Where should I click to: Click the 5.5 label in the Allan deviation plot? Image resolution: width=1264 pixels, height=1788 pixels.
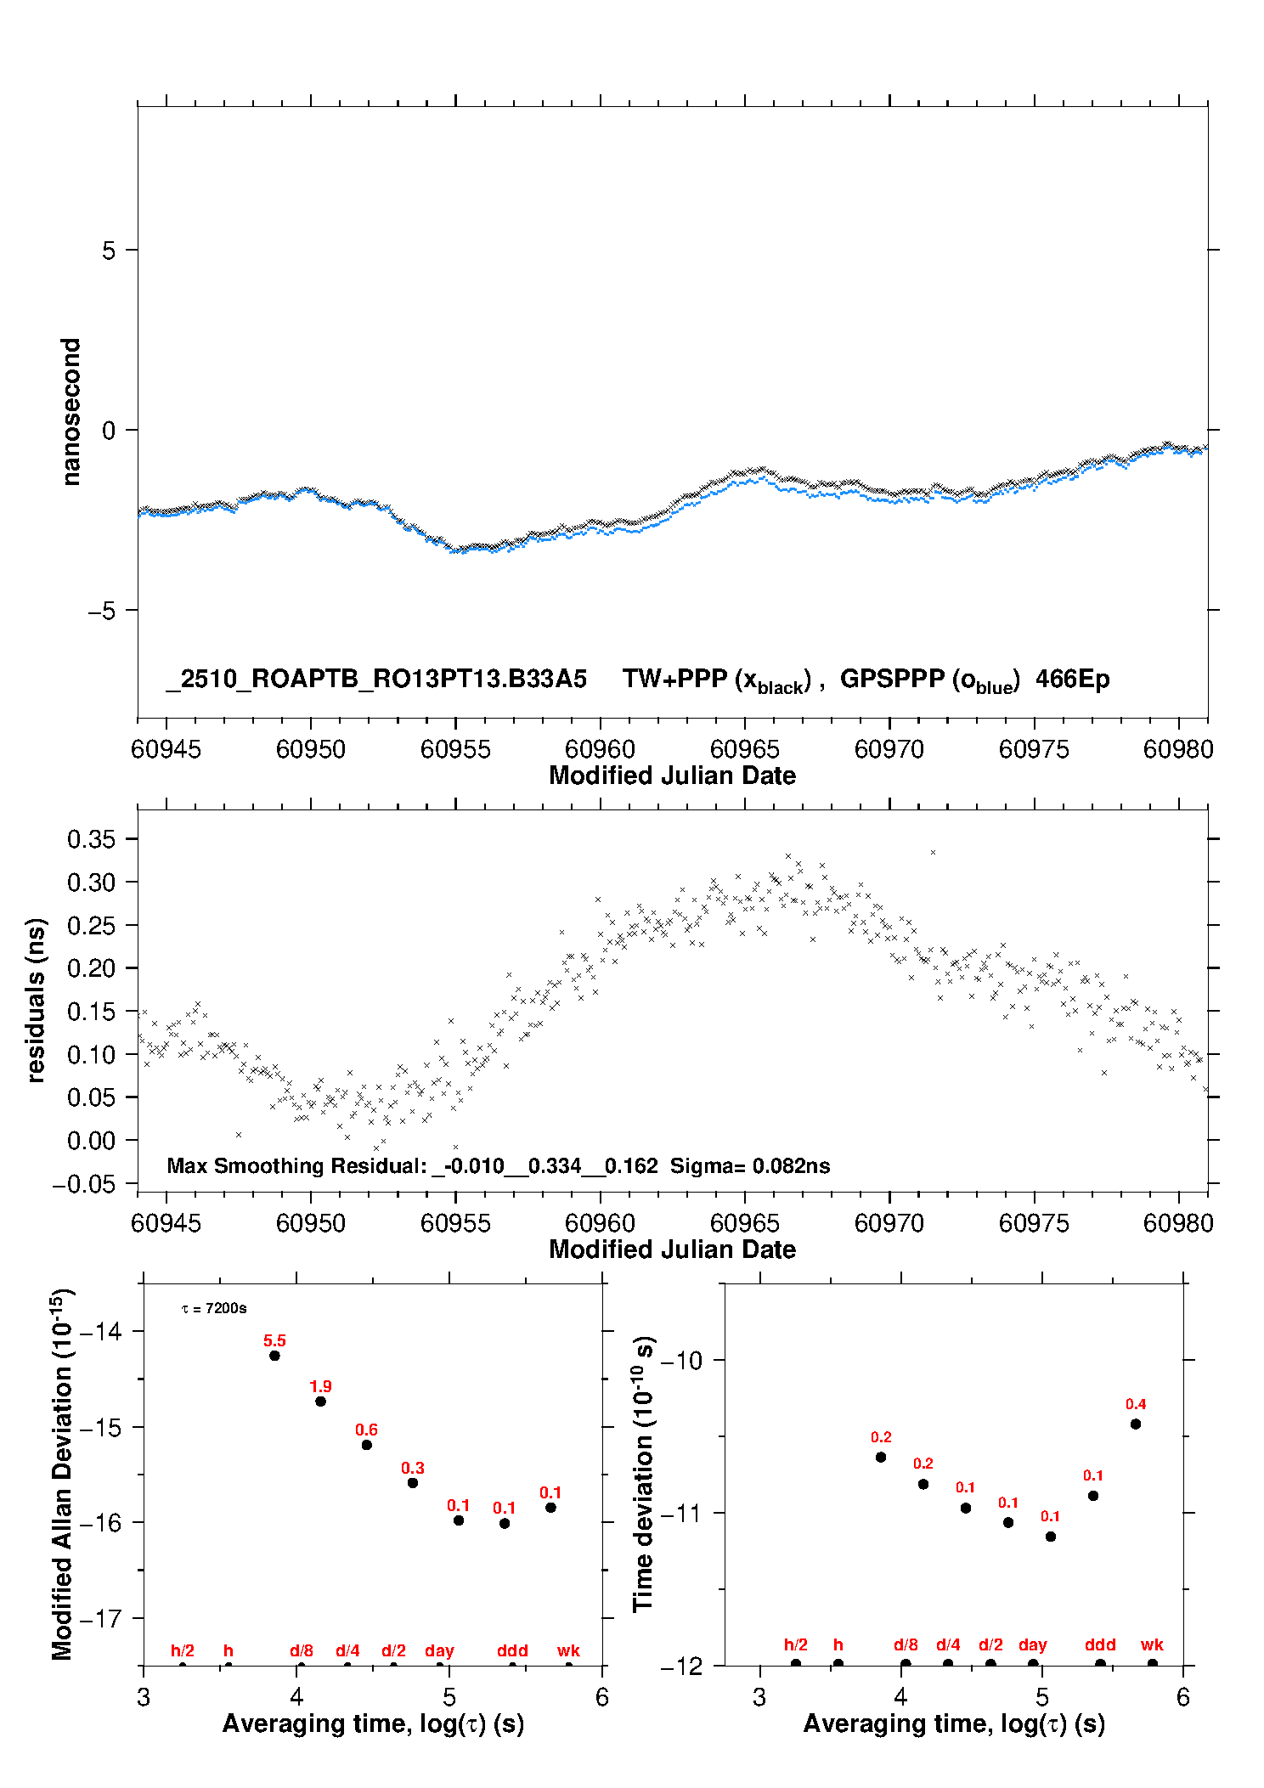274,1340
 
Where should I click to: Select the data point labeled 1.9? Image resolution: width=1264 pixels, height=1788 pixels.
320,1401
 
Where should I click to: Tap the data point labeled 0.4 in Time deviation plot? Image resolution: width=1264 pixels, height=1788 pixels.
1135,1424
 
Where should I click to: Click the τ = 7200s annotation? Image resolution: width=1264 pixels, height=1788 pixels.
214,1308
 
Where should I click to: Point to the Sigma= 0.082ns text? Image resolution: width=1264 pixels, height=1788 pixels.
749,1165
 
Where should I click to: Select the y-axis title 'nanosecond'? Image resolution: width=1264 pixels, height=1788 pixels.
71,412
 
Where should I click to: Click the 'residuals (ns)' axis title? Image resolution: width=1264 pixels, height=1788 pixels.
36,1000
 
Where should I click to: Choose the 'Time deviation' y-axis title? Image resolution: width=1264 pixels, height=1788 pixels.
643,1474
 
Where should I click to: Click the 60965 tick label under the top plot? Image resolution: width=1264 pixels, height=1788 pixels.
744,749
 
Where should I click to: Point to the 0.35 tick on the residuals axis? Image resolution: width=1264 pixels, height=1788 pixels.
91,839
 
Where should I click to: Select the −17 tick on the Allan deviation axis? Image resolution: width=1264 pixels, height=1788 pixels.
100,1618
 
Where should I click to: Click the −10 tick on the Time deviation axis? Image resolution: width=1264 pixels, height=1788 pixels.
681,1360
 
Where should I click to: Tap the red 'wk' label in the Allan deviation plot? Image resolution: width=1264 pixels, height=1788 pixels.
568,1650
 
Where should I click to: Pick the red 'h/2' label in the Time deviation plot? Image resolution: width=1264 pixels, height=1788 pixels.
795,1644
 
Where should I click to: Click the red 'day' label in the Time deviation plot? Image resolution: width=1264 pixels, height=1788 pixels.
1032,1644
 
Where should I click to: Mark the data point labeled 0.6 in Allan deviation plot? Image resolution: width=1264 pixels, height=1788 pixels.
366,1445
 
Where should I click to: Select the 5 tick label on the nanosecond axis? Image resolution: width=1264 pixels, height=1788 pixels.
108,251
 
